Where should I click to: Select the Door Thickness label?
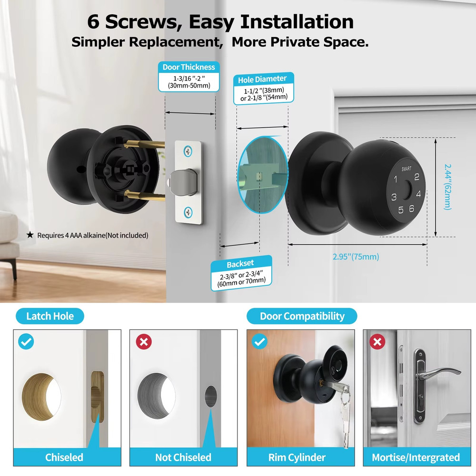tap(188, 67)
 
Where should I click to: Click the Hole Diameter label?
tap(262, 79)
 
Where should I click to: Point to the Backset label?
tap(240, 263)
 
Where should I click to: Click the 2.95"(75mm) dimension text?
tap(356, 257)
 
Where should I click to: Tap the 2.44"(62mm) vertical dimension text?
tap(447, 187)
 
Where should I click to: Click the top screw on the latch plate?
tap(189, 152)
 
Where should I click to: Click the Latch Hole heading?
tap(50, 316)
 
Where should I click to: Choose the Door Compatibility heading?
tap(302, 316)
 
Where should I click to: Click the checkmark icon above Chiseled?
tap(26, 342)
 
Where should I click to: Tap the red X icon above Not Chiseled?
tap(143, 342)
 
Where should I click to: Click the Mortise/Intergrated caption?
tap(416, 457)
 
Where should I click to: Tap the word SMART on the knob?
tap(407, 169)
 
